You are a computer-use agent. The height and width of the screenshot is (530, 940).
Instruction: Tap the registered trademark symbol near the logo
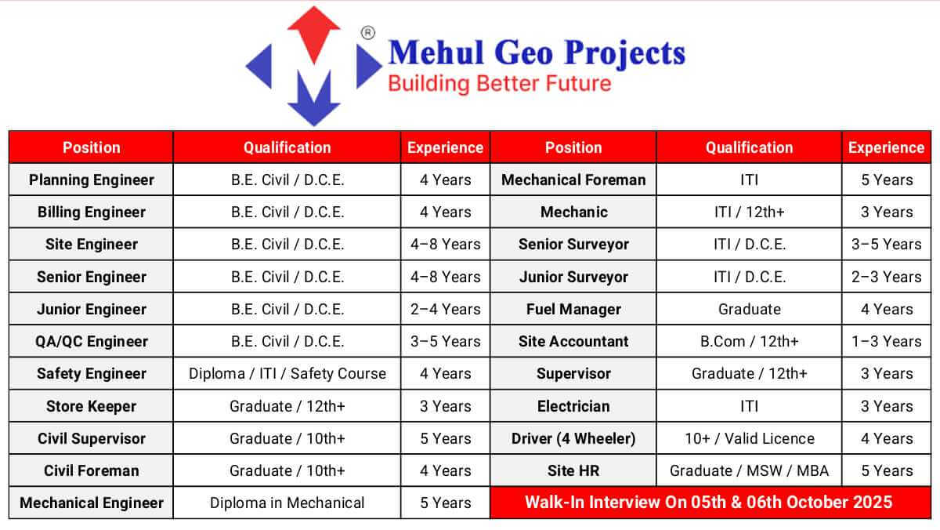coord(367,32)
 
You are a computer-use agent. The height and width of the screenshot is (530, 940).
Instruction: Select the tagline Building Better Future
coord(500,84)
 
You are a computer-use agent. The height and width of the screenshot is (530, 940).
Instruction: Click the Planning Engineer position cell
coord(91,180)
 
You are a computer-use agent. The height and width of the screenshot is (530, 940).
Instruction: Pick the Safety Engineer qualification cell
coord(287,373)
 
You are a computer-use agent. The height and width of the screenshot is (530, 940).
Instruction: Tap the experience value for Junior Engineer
coord(445,309)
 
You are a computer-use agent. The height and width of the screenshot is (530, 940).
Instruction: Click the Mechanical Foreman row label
coord(573,180)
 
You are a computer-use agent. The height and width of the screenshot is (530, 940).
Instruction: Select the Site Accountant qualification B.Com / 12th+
coord(749,341)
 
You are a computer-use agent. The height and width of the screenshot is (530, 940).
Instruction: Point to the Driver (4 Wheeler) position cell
coord(573,438)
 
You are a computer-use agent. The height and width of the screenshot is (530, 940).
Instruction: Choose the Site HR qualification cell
coord(749,470)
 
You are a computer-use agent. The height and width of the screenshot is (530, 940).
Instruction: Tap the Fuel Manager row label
coord(573,309)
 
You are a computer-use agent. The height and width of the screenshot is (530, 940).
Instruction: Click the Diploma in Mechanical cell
coord(287,503)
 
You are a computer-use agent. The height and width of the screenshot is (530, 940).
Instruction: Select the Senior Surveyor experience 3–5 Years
coord(886,244)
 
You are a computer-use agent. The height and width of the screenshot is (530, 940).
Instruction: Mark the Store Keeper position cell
coord(91,406)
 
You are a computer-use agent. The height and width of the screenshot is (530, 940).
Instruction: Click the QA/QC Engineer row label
coord(91,341)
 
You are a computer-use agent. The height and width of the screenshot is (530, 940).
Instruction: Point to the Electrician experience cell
coord(886,406)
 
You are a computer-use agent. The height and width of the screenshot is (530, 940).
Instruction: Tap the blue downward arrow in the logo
coord(313,98)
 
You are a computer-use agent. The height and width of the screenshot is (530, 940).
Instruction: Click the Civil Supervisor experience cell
coord(445,438)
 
